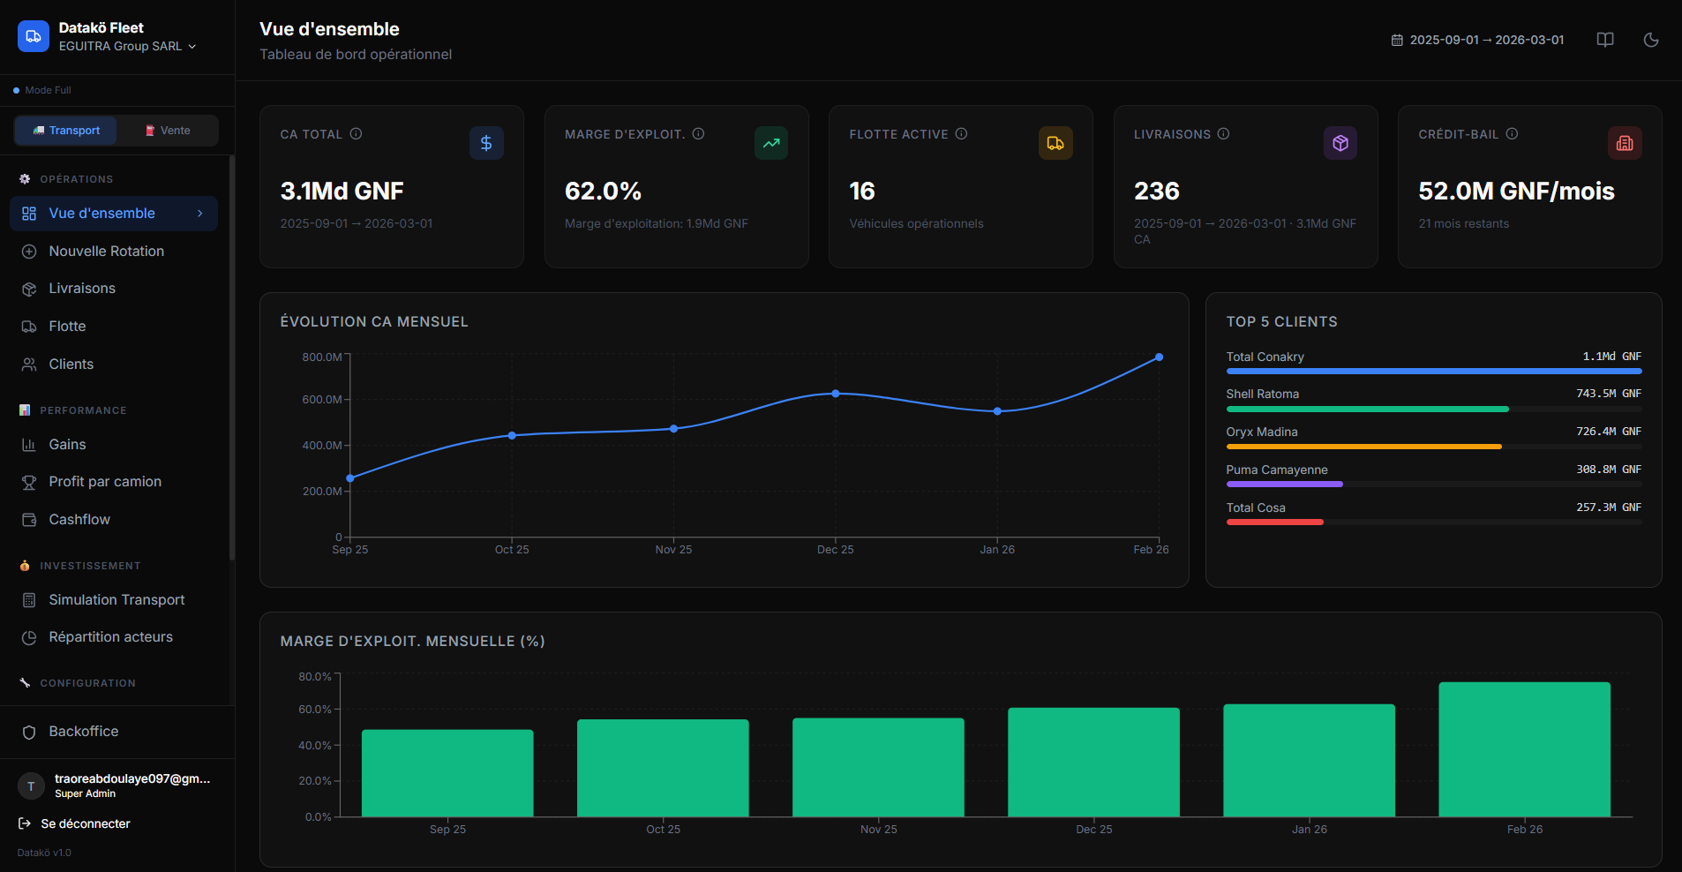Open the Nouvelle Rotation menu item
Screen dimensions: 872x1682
106,252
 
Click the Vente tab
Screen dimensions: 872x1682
168,131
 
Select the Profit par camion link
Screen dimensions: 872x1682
105,482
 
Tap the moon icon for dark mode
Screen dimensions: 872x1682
1650,40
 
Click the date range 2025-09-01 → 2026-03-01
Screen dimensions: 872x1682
1478,40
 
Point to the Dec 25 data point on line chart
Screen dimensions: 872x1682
836,394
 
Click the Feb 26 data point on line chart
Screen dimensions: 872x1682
1159,357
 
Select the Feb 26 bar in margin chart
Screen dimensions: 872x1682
1524,749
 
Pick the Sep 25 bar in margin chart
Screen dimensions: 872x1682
447,773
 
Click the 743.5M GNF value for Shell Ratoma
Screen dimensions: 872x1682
1608,394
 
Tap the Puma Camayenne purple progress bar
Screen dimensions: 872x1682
1284,485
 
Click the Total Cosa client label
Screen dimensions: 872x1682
1256,507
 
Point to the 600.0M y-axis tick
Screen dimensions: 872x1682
322,400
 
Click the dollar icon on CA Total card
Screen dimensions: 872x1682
486,143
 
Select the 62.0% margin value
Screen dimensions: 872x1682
603,192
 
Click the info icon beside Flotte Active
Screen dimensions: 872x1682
961,134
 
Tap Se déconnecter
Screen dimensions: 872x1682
85,823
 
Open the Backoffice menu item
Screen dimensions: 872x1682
83,732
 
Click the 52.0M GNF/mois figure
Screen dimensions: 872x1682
1516,192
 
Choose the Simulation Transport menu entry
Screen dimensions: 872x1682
116,600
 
